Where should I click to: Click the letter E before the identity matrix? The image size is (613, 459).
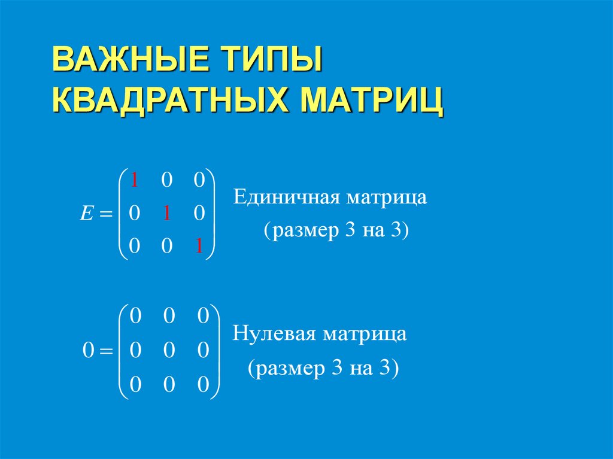click(x=85, y=213)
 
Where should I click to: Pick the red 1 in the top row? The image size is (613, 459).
click(x=135, y=180)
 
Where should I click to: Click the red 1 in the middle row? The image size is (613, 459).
click(x=168, y=213)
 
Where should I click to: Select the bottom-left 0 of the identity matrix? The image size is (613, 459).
click(x=135, y=247)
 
